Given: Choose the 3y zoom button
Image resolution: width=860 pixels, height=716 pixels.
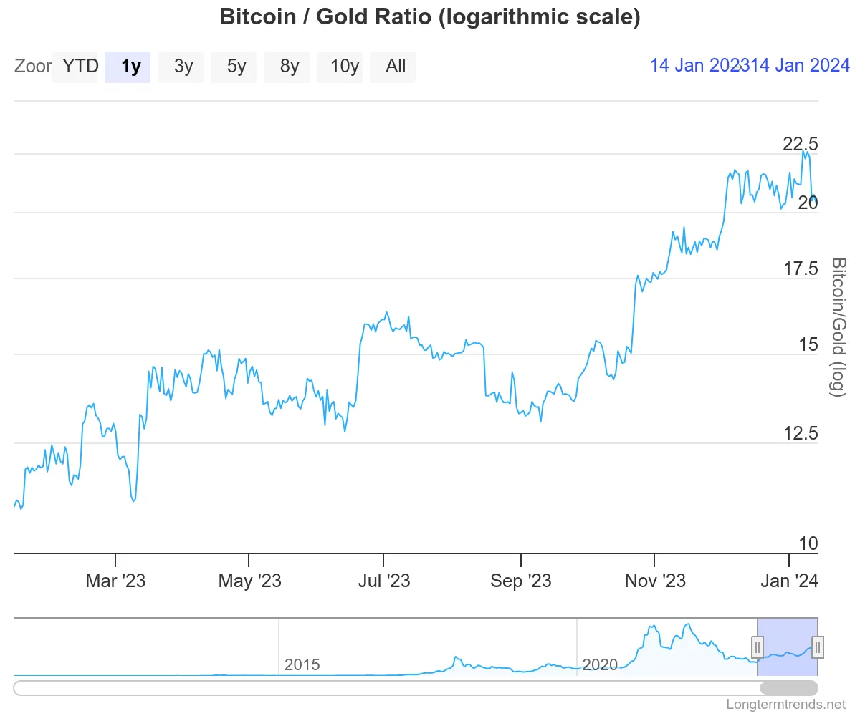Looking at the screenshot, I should click(183, 67).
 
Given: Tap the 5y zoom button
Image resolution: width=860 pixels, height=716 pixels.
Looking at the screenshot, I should click(236, 67).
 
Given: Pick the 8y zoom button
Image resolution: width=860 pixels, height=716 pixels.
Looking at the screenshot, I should click(290, 67).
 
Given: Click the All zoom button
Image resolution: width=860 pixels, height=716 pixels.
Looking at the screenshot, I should click(396, 67).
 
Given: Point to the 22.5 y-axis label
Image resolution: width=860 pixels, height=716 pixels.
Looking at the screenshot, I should click(800, 144).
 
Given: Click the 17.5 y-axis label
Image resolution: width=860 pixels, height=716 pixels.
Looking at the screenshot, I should click(800, 269).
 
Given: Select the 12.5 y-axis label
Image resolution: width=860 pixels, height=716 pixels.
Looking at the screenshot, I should click(800, 433).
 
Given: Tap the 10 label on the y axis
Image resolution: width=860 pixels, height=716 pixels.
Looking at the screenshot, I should click(808, 543).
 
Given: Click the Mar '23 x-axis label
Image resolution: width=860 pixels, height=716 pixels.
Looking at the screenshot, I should click(115, 580).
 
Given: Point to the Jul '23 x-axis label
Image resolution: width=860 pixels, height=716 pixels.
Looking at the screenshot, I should click(383, 580).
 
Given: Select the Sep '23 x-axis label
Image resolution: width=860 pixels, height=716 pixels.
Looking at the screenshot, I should click(521, 580).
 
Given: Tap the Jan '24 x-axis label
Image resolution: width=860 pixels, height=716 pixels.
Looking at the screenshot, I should click(788, 580).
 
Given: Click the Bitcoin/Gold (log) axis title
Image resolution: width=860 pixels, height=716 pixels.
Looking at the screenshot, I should click(838, 326).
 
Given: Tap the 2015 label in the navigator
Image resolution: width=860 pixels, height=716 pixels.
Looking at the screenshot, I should click(302, 664).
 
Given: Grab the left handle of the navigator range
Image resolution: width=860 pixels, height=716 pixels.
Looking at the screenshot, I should click(757, 647).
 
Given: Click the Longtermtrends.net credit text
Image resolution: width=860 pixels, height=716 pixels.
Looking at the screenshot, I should click(786, 704).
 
